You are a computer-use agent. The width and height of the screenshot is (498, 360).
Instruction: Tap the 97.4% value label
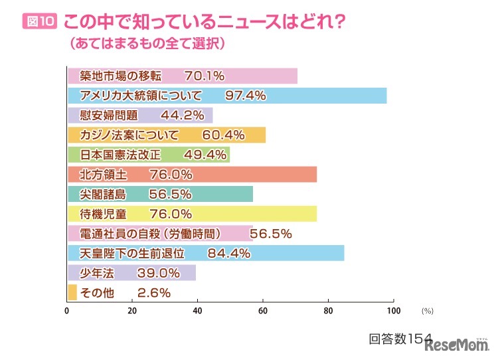pos(246,96)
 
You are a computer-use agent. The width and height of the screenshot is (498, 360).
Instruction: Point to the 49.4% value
pos(186,155)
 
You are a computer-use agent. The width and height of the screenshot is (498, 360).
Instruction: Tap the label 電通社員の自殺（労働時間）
pos(159,234)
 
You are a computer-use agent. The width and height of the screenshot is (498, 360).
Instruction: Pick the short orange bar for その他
pos(72,292)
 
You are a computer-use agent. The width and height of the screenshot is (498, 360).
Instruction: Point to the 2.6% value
pos(154,293)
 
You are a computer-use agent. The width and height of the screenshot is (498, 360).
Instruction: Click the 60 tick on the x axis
pos(263,310)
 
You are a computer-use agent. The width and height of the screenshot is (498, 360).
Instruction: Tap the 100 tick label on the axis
pos(393,310)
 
